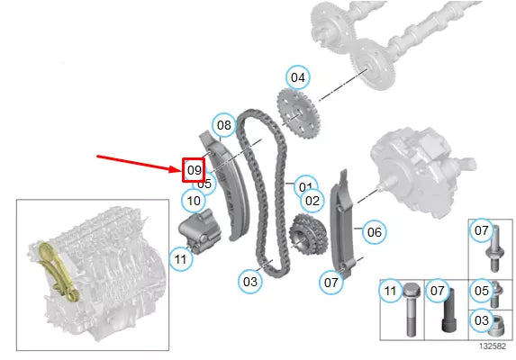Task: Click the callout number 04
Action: point(297,77)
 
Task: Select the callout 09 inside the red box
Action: point(194,170)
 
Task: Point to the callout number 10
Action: point(192,199)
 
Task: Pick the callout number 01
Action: point(307,186)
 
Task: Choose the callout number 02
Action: point(312,201)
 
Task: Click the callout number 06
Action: point(374,232)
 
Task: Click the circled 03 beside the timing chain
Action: point(249,282)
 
